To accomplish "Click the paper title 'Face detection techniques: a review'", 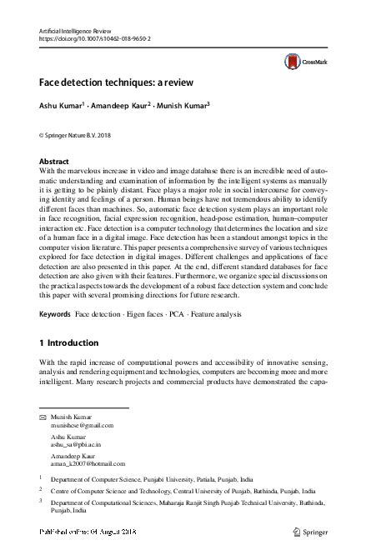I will point(115,82).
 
